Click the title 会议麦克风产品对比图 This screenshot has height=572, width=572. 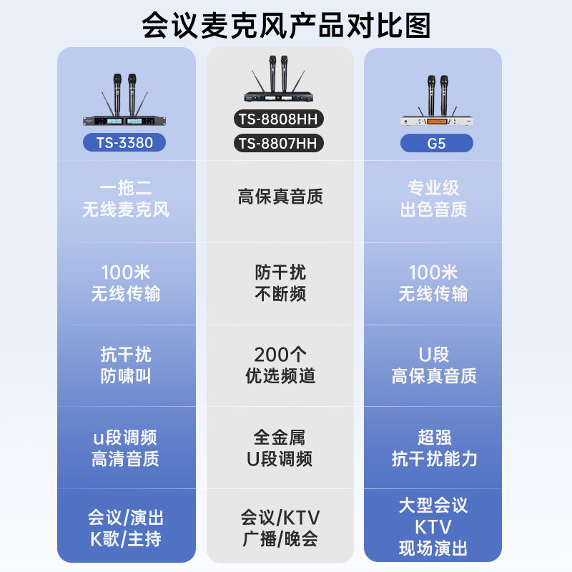[x=286, y=26]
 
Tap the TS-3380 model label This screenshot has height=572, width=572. [x=125, y=142]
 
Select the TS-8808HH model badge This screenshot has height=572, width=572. [x=279, y=119]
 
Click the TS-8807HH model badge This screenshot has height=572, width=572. [x=279, y=144]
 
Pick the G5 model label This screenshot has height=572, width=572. [x=436, y=143]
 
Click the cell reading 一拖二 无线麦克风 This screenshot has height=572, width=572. [x=126, y=199]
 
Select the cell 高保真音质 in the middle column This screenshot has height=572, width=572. [x=280, y=197]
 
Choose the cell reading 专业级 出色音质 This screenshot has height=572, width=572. [x=433, y=199]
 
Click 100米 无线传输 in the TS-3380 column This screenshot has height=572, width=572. [x=126, y=283]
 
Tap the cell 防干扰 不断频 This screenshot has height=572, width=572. [x=280, y=283]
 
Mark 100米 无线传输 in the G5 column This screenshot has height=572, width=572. [x=433, y=283]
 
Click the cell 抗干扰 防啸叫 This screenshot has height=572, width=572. [x=126, y=365]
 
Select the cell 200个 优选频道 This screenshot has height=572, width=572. [x=280, y=365]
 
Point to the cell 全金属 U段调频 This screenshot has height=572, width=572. [x=280, y=448]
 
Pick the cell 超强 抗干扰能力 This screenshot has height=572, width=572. [x=434, y=448]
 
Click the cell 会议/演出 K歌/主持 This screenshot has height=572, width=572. [x=126, y=528]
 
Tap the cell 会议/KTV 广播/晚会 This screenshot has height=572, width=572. [x=280, y=528]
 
